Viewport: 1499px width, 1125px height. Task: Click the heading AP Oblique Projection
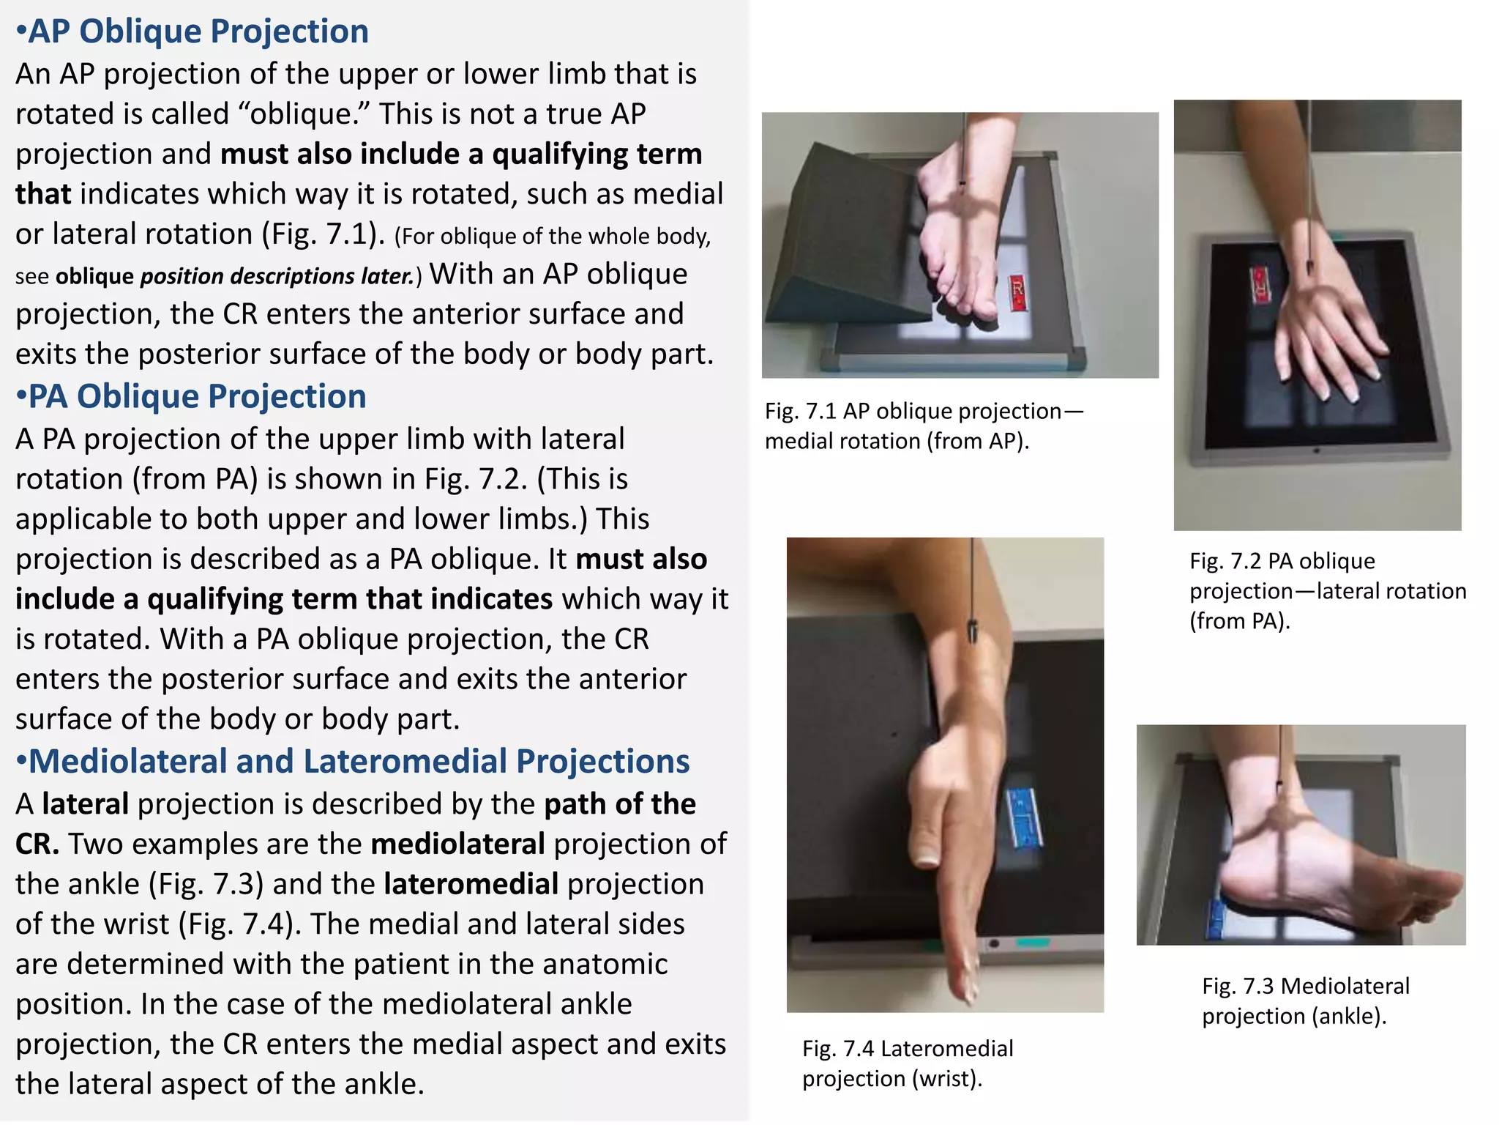point(192,31)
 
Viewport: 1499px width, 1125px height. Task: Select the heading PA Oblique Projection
point(191,396)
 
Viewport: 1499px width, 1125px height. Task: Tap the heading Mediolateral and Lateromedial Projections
point(352,761)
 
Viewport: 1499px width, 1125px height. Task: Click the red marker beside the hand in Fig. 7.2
point(1261,286)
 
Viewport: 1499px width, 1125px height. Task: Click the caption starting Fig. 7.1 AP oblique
point(923,426)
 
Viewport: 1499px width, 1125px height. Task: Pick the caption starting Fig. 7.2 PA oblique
point(1326,590)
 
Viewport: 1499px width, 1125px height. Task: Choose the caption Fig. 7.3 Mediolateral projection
point(1305,1000)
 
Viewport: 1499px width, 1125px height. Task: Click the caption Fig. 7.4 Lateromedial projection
point(907,1063)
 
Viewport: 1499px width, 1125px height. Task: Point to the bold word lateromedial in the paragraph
point(471,884)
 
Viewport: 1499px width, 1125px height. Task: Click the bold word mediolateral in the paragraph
point(457,844)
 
